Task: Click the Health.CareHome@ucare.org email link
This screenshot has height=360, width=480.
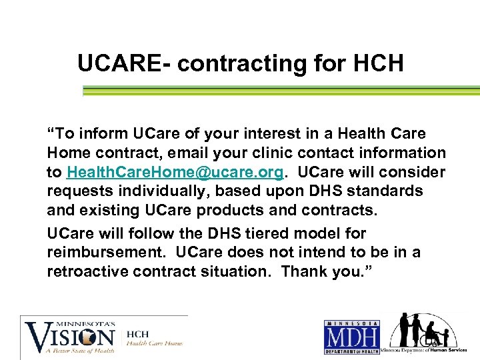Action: (176, 172)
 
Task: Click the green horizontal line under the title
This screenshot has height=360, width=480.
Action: (280, 90)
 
